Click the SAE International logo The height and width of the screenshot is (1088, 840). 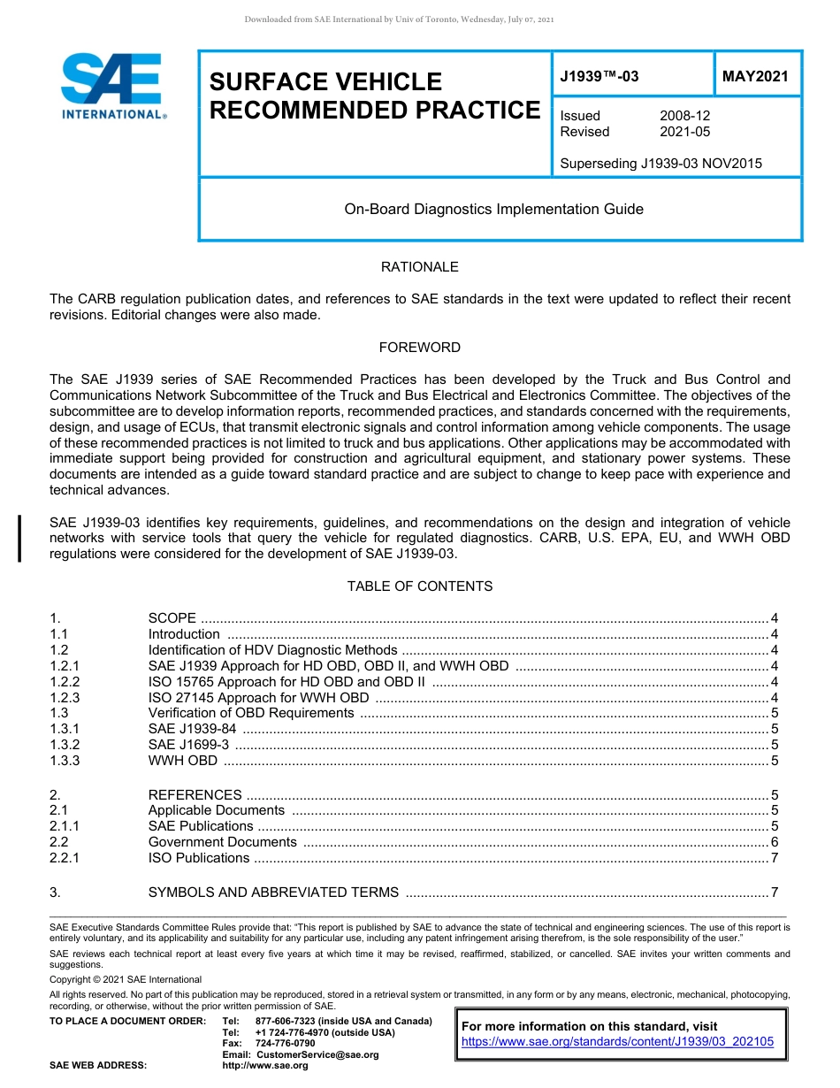[x=111, y=87]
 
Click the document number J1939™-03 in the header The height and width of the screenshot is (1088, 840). [x=599, y=77]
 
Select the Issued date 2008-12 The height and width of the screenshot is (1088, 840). [x=684, y=116]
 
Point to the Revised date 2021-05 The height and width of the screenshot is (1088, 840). [x=684, y=132]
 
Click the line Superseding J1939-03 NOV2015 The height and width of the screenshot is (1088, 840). [x=661, y=164]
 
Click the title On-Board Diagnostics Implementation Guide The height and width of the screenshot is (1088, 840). [x=493, y=210]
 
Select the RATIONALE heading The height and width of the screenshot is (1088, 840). [x=419, y=267]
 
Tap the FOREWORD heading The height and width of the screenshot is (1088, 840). [x=419, y=348]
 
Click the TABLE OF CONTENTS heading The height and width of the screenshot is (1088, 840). [x=419, y=586]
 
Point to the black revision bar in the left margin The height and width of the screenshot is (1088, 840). [x=20, y=539]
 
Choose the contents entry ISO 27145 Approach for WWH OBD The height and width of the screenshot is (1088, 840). [x=258, y=698]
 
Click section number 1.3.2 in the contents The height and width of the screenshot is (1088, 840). [x=65, y=745]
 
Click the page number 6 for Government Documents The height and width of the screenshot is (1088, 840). [x=774, y=842]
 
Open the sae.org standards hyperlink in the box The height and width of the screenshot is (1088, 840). [x=617, y=1042]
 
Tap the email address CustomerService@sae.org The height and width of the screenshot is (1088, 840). [x=317, y=1054]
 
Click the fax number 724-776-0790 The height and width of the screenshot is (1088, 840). [x=285, y=1044]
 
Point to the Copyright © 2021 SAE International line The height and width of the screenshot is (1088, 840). [x=126, y=979]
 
